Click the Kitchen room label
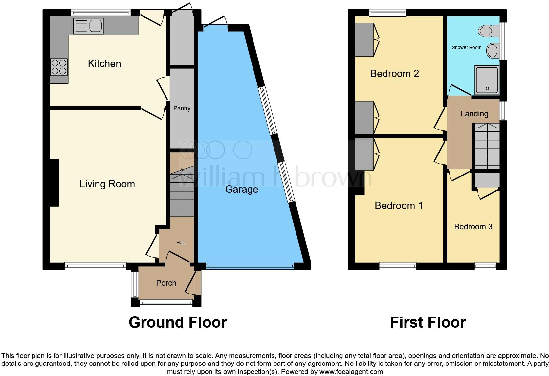coord(104,64)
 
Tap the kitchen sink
coord(88,26)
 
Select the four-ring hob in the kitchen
coord(59,67)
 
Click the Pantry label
coord(182,108)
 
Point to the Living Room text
coord(107,184)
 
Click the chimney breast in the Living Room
coord(54,183)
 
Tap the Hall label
coord(180,243)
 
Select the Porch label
coord(166,283)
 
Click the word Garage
coord(241,189)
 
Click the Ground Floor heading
coord(178,322)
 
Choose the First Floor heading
coord(428,322)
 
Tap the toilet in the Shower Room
coord(488,31)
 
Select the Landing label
coord(474,114)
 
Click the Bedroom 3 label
coord(473,227)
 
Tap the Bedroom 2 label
coord(394,74)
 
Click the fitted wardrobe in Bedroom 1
coord(364,154)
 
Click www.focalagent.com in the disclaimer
coord(351,372)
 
